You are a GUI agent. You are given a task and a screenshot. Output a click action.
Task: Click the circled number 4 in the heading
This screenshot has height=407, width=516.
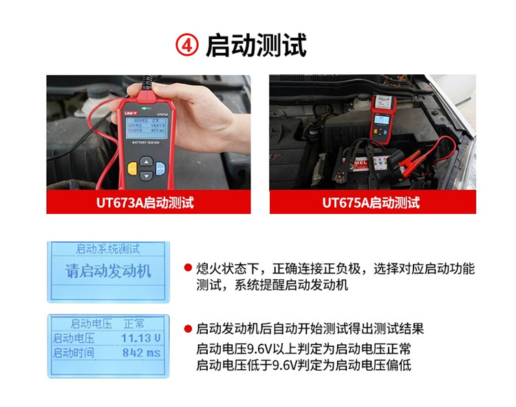coord(188,45)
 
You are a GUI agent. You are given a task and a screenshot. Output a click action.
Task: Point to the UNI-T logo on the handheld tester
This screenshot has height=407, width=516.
coord(131,111)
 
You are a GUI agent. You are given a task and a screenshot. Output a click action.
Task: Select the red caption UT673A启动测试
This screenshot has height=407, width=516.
coord(148,202)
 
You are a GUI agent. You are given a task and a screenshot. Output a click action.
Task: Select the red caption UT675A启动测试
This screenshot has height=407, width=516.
coord(371,202)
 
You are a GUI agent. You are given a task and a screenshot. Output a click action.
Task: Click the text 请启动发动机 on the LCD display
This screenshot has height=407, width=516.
coord(108,270)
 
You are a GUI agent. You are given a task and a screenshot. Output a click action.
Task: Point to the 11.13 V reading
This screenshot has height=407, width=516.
coord(140,338)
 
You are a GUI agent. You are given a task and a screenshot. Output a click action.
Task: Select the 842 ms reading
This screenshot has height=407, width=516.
coord(140,353)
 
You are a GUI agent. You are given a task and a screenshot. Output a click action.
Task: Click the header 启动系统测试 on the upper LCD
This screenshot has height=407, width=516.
coord(108,249)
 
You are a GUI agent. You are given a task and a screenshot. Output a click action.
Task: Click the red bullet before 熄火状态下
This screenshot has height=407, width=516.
coord(187,268)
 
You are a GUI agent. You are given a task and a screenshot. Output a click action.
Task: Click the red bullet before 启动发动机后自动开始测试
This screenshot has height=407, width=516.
coord(187,329)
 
